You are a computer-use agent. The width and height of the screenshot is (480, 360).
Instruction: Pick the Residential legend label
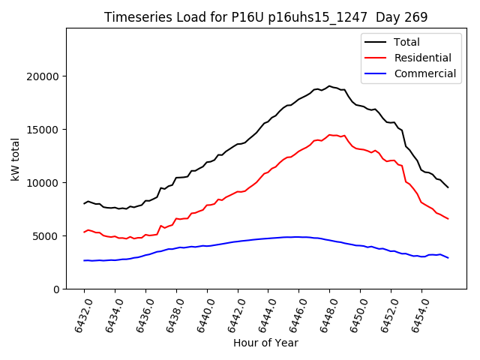422,58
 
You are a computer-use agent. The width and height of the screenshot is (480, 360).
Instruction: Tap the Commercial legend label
424,73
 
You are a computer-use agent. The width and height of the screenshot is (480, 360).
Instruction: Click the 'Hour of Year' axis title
265,343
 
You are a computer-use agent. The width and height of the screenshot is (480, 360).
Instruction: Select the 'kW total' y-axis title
16,158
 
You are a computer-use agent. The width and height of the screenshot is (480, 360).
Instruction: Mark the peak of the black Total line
329,85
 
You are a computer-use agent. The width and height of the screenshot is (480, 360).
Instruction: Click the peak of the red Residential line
329,135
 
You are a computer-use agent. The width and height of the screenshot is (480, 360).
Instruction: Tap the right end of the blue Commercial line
448,258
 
